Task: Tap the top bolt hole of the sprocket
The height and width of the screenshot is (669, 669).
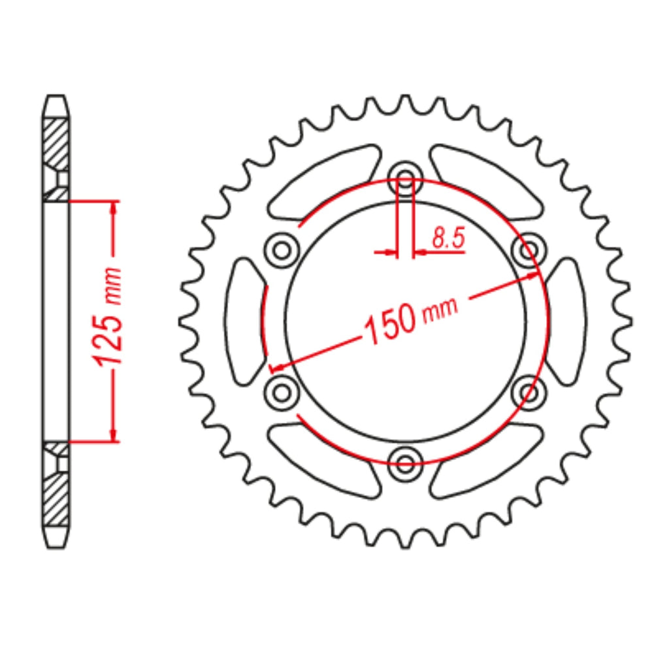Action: pyautogui.click(x=405, y=178)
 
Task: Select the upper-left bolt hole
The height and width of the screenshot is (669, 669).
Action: pyautogui.click(x=282, y=250)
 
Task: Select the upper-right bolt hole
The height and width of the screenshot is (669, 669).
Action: pyautogui.click(x=529, y=250)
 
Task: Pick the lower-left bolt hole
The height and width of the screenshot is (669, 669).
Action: pyautogui.click(x=282, y=392)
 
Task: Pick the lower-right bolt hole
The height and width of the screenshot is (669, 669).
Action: pyautogui.click(x=529, y=392)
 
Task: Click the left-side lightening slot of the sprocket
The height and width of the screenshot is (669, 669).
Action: pyautogui.click(x=244, y=321)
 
